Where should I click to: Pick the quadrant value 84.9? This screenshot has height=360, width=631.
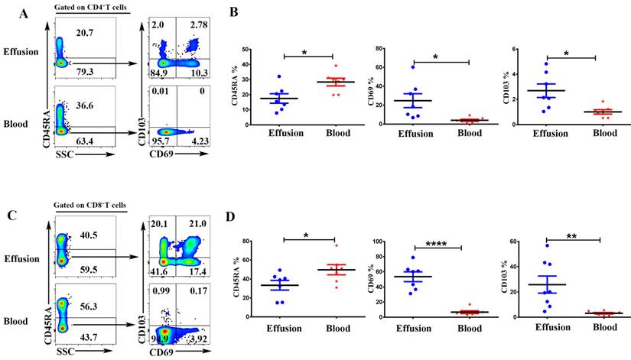click(x=161, y=73)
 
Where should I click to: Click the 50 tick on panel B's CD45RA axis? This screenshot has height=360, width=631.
click(x=263, y=50)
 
